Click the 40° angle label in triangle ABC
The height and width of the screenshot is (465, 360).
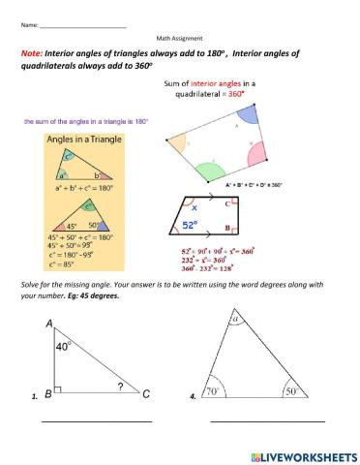(x=64, y=344)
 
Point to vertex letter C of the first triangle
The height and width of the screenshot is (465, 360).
(x=146, y=394)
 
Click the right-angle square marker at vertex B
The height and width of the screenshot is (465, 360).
(x=59, y=389)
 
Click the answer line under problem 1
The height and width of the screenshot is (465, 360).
(x=96, y=421)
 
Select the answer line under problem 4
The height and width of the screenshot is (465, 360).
(x=267, y=421)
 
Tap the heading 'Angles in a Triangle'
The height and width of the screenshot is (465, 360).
(x=75, y=141)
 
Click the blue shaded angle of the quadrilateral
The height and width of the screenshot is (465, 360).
(x=245, y=113)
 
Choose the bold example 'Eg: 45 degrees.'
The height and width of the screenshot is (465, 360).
(x=93, y=296)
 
